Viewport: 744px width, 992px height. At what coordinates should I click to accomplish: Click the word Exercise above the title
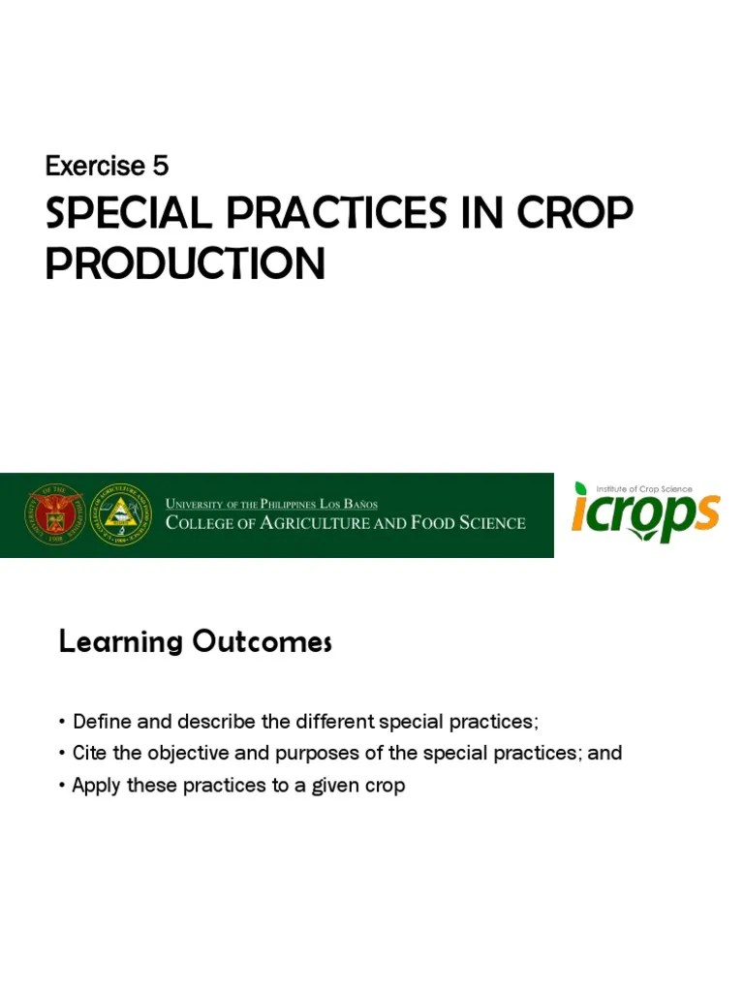(x=95, y=167)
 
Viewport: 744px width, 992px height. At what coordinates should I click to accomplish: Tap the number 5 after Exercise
(x=160, y=167)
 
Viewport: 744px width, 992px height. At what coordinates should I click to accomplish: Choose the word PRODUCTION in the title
(x=185, y=263)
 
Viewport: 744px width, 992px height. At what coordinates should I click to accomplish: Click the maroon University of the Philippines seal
(x=56, y=513)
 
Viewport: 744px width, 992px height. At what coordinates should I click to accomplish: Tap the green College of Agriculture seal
(x=121, y=513)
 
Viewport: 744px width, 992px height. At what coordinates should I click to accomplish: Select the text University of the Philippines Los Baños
(x=272, y=504)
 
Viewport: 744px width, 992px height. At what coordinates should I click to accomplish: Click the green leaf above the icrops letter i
(x=581, y=489)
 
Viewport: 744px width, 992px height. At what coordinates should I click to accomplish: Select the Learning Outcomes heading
(x=195, y=641)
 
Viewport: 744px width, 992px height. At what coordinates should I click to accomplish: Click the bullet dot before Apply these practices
(x=63, y=785)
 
